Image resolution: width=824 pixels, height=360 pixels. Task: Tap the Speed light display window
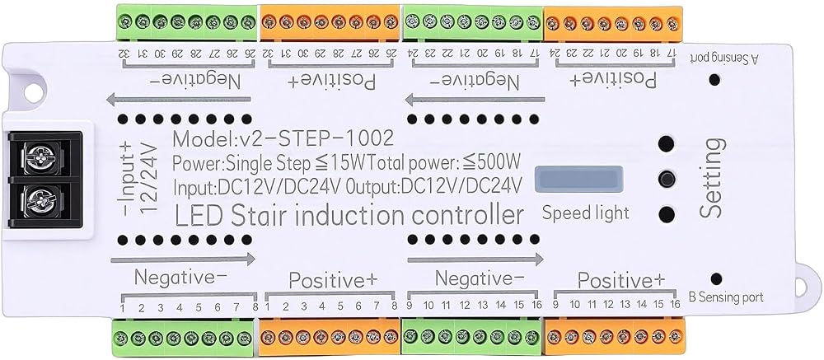(x=578, y=180)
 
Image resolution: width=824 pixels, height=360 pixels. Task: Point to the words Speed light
(x=585, y=213)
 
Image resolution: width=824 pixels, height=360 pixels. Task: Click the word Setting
(x=713, y=178)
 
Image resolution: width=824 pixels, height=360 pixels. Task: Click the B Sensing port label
(x=726, y=297)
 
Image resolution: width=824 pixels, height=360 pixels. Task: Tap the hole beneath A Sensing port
(x=714, y=80)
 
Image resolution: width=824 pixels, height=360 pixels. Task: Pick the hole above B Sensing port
(x=716, y=279)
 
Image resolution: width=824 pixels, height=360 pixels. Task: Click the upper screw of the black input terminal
(x=39, y=156)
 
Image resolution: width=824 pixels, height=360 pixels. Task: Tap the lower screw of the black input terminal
(x=39, y=199)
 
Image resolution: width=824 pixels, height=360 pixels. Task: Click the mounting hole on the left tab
(x=33, y=93)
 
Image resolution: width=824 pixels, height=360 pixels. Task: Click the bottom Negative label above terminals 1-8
(x=182, y=276)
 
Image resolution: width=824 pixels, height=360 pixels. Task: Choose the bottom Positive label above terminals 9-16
(x=621, y=280)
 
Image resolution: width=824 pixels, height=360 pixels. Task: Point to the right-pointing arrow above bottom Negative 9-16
(x=475, y=259)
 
